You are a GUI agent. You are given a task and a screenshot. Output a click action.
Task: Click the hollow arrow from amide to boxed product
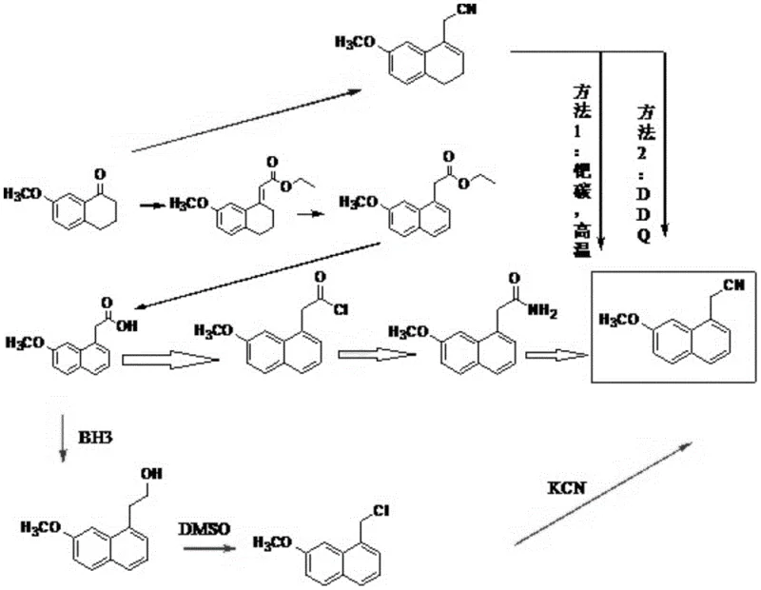coord(556,355)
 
